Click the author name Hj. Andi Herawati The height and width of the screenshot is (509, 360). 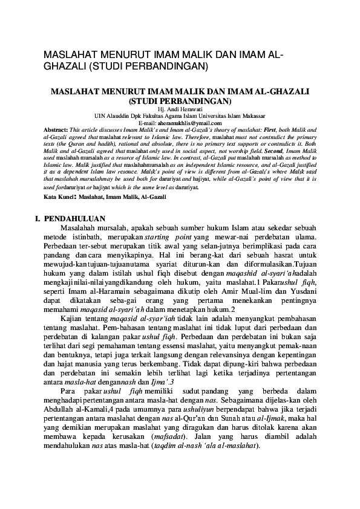180,109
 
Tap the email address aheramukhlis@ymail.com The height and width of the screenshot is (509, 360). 190,123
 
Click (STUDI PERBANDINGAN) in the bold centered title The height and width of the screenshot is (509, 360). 180,100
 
